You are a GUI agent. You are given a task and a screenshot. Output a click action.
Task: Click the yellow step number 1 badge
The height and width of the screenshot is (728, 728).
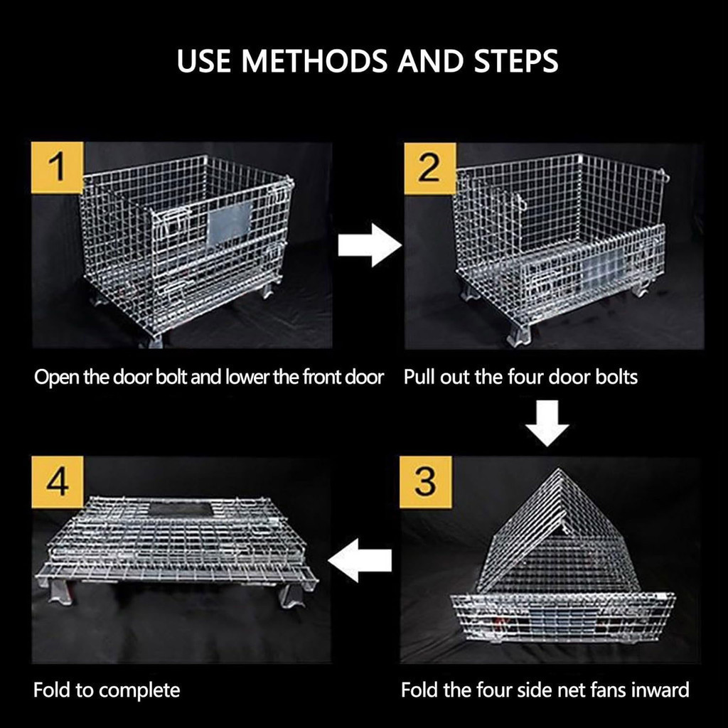(58, 168)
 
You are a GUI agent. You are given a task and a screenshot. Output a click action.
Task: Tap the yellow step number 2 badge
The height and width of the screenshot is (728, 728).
(430, 168)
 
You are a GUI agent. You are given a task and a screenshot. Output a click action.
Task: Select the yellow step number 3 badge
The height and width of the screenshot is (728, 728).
(426, 482)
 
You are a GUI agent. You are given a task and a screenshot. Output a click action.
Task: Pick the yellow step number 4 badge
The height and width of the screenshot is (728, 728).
(58, 482)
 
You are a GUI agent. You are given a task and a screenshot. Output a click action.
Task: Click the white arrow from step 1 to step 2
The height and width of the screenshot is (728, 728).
(370, 245)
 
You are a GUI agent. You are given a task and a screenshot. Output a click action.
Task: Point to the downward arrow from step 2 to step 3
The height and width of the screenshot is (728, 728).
(547, 423)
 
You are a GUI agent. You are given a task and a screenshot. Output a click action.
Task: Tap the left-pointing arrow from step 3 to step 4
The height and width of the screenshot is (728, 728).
(360, 560)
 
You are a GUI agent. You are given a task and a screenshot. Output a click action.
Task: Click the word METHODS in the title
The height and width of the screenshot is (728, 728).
(314, 61)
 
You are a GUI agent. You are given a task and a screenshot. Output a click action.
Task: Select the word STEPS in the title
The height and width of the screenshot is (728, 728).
(516, 61)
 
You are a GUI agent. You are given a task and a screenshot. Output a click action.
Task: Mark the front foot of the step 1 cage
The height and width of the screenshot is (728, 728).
(152, 340)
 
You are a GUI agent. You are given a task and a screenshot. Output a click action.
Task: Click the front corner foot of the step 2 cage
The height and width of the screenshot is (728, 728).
(520, 333)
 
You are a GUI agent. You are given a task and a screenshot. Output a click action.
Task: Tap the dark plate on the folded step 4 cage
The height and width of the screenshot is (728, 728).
(181, 509)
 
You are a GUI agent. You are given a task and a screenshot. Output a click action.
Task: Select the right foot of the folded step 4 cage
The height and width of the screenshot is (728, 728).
(292, 595)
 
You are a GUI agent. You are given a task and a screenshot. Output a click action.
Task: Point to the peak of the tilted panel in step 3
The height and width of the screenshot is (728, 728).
(558, 470)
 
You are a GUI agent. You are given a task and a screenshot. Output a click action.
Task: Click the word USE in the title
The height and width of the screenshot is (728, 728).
(204, 61)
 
